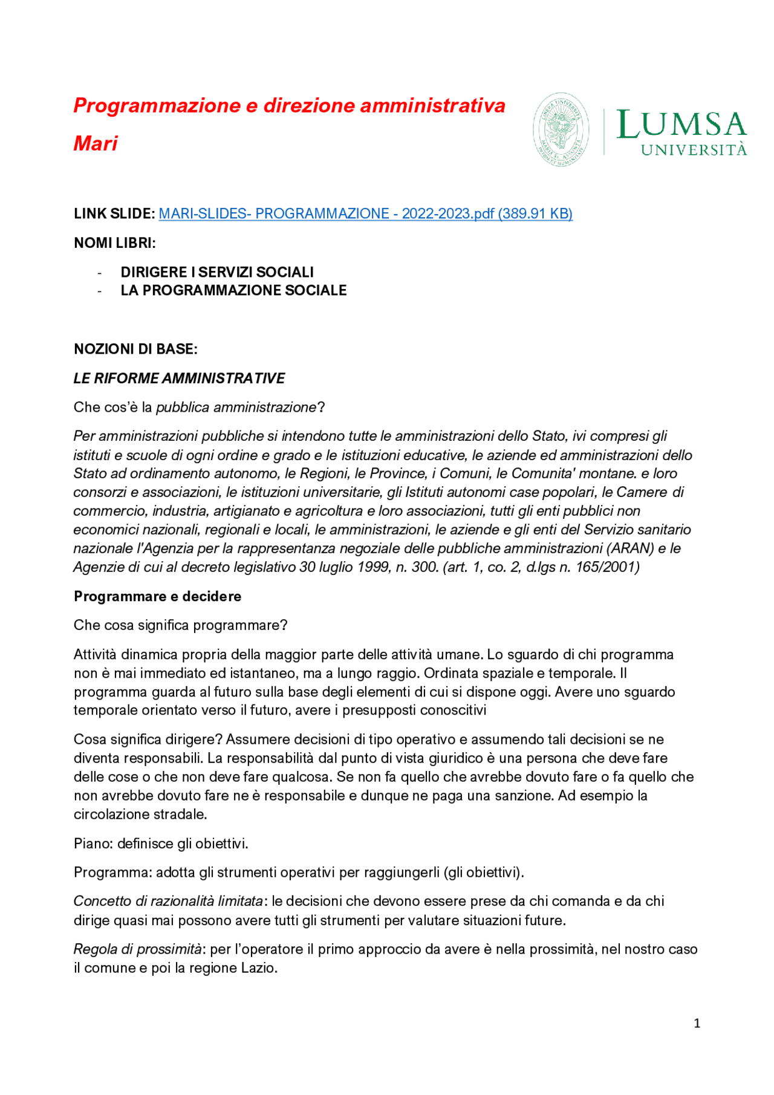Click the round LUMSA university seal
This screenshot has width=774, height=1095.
pyautogui.click(x=561, y=129)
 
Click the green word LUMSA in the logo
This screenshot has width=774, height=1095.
pyautogui.click(x=681, y=125)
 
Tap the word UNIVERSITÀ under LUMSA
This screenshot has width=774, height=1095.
pyautogui.click(x=694, y=150)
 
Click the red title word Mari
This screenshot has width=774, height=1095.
pyautogui.click(x=96, y=144)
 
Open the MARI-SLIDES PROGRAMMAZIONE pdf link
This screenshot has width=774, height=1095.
pyautogui.click(x=365, y=213)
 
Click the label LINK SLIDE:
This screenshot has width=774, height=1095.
pyautogui.click(x=114, y=213)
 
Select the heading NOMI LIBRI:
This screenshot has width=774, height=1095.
pyautogui.click(x=115, y=243)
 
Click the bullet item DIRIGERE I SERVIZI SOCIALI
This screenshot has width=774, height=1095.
pyautogui.click(x=217, y=272)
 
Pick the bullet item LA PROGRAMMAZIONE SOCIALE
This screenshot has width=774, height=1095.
pyautogui.click(x=233, y=290)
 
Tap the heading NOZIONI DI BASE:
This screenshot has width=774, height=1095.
pyautogui.click(x=135, y=349)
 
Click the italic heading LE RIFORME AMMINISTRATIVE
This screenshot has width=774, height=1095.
pyautogui.click(x=179, y=379)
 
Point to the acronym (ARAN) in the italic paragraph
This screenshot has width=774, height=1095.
pyautogui.click(x=630, y=548)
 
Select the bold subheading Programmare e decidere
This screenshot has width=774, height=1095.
pyautogui.click(x=157, y=596)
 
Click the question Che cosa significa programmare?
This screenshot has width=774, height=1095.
pyautogui.click(x=180, y=625)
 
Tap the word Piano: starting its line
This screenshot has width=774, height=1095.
pyautogui.click(x=93, y=843)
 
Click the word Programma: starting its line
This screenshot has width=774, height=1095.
pyautogui.click(x=112, y=872)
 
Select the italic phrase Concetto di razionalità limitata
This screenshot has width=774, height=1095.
pyautogui.click(x=168, y=902)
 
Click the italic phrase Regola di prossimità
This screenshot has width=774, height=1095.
pyautogui.click(x=138, y=949)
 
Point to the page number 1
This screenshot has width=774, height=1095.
pyautogui.click(x=697, y=1023)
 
